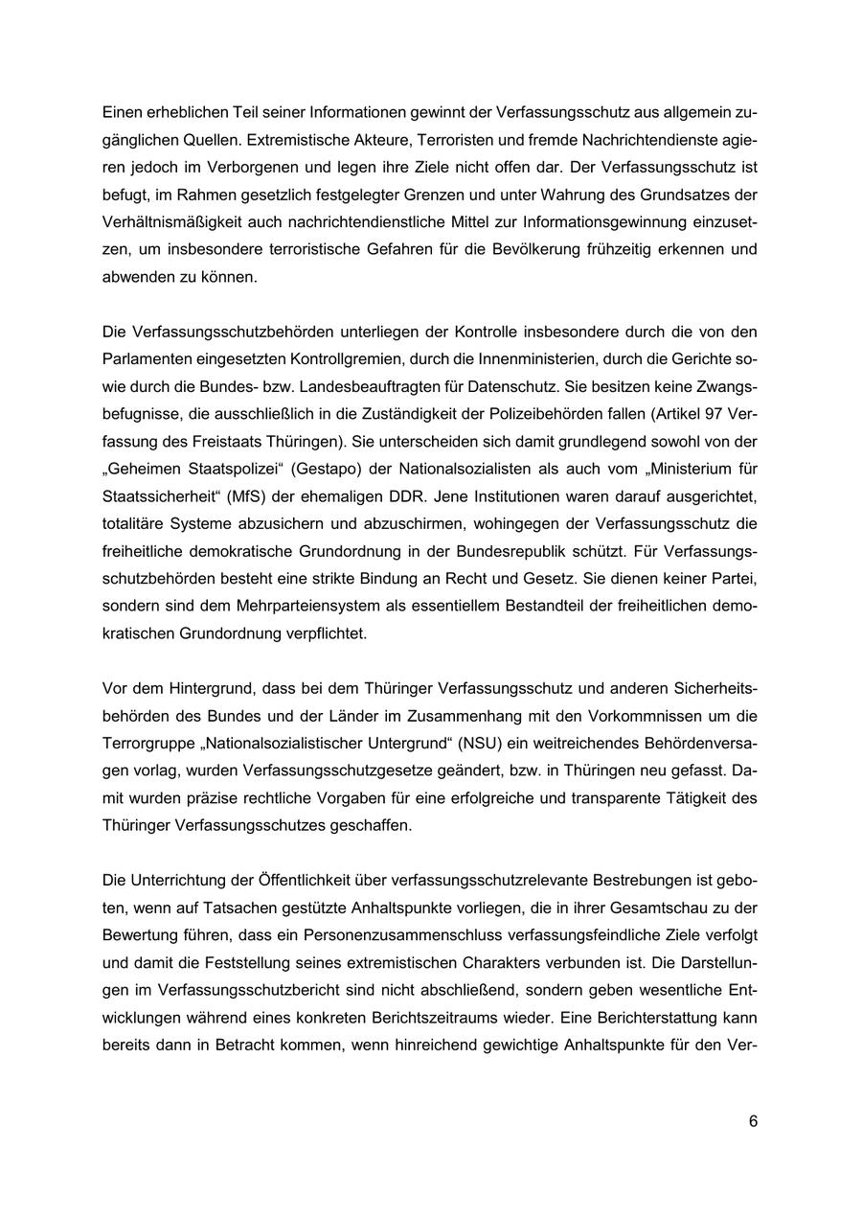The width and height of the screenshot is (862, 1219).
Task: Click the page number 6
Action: click(753, 1122)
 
